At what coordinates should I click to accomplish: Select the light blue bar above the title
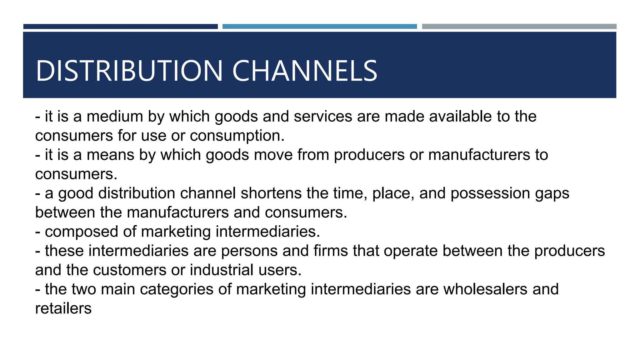pyautogui.click(x=319, y=27)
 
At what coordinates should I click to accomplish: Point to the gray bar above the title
pyautogui.click(x=519, y=27)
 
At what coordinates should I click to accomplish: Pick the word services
pyautogui.click(x=323, y=117)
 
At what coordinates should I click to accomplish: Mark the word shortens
pyautogui.click(x=271, y=193)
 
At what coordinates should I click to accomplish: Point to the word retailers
pyautogui.click(x=63, y=309)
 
